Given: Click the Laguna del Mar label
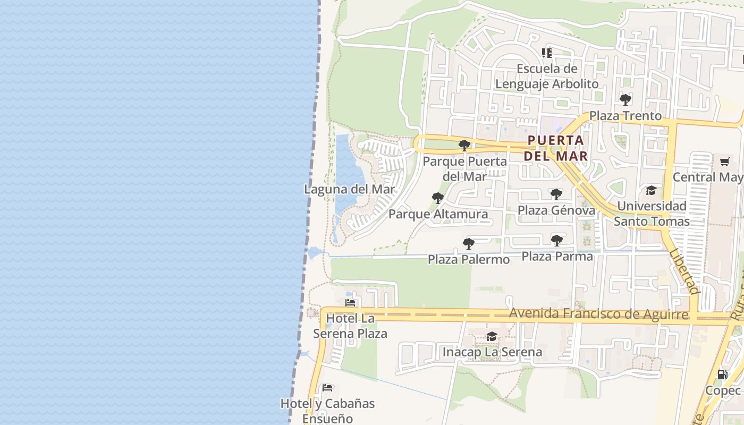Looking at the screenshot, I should coord(349,189).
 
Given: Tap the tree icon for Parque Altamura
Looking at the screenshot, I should coord(438,199).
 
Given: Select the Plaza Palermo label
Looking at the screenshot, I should coord(469,259).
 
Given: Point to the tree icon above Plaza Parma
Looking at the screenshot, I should coord(556,241).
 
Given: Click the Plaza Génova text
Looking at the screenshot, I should coord(556,210).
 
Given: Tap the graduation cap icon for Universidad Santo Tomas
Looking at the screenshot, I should coord(651,190).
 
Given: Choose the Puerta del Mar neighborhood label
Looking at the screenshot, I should coord(556,148).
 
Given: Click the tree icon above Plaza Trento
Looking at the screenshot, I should coord(625,99).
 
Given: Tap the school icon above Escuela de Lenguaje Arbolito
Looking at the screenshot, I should coord(547,53).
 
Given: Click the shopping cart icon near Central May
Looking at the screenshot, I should coord(725,161).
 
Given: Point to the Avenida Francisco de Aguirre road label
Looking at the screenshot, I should coord(598,314).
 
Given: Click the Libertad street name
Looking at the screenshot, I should coord(684,271).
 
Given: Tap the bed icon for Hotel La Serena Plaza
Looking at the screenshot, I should coord(350,303).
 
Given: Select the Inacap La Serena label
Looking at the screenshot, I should coord(492,352).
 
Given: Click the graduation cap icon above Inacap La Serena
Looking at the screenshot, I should coord(492,336).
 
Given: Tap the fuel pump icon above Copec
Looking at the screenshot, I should coord(722,375).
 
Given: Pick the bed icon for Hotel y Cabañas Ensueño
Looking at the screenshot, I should coord(327,388).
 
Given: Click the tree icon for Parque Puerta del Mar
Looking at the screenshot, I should coord(464,145).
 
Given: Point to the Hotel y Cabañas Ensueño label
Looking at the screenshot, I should coord(327,411).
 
